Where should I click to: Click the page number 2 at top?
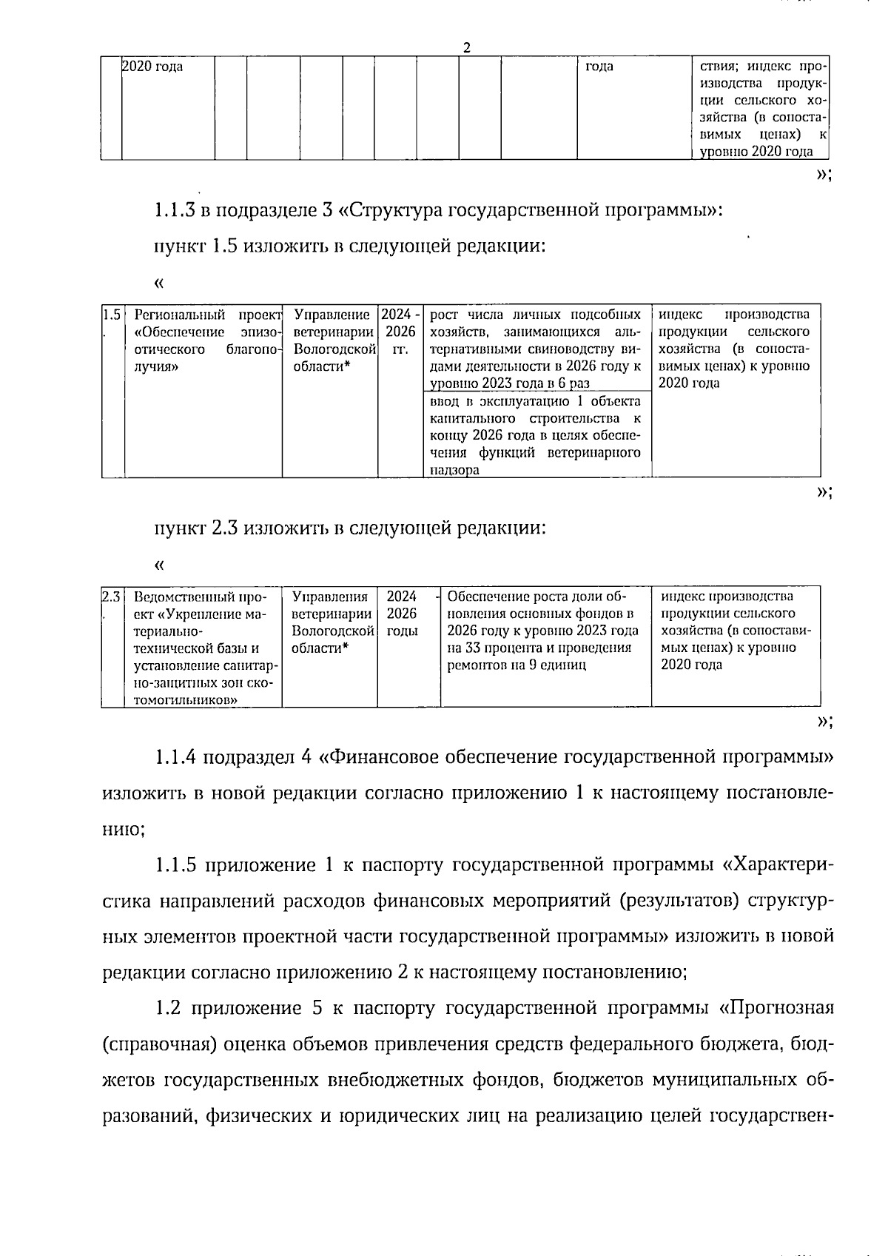pyautogui.click(x=466, y=48)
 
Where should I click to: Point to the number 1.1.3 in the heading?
pyautogui.click(x=175, y=210)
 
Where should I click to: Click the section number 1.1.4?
pyautogui.click(x=175, y=757)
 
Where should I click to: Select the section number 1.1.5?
pyautogui.click(x=175, y=864)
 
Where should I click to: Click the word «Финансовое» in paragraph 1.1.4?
pyautogui.click(x=385, y=757)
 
